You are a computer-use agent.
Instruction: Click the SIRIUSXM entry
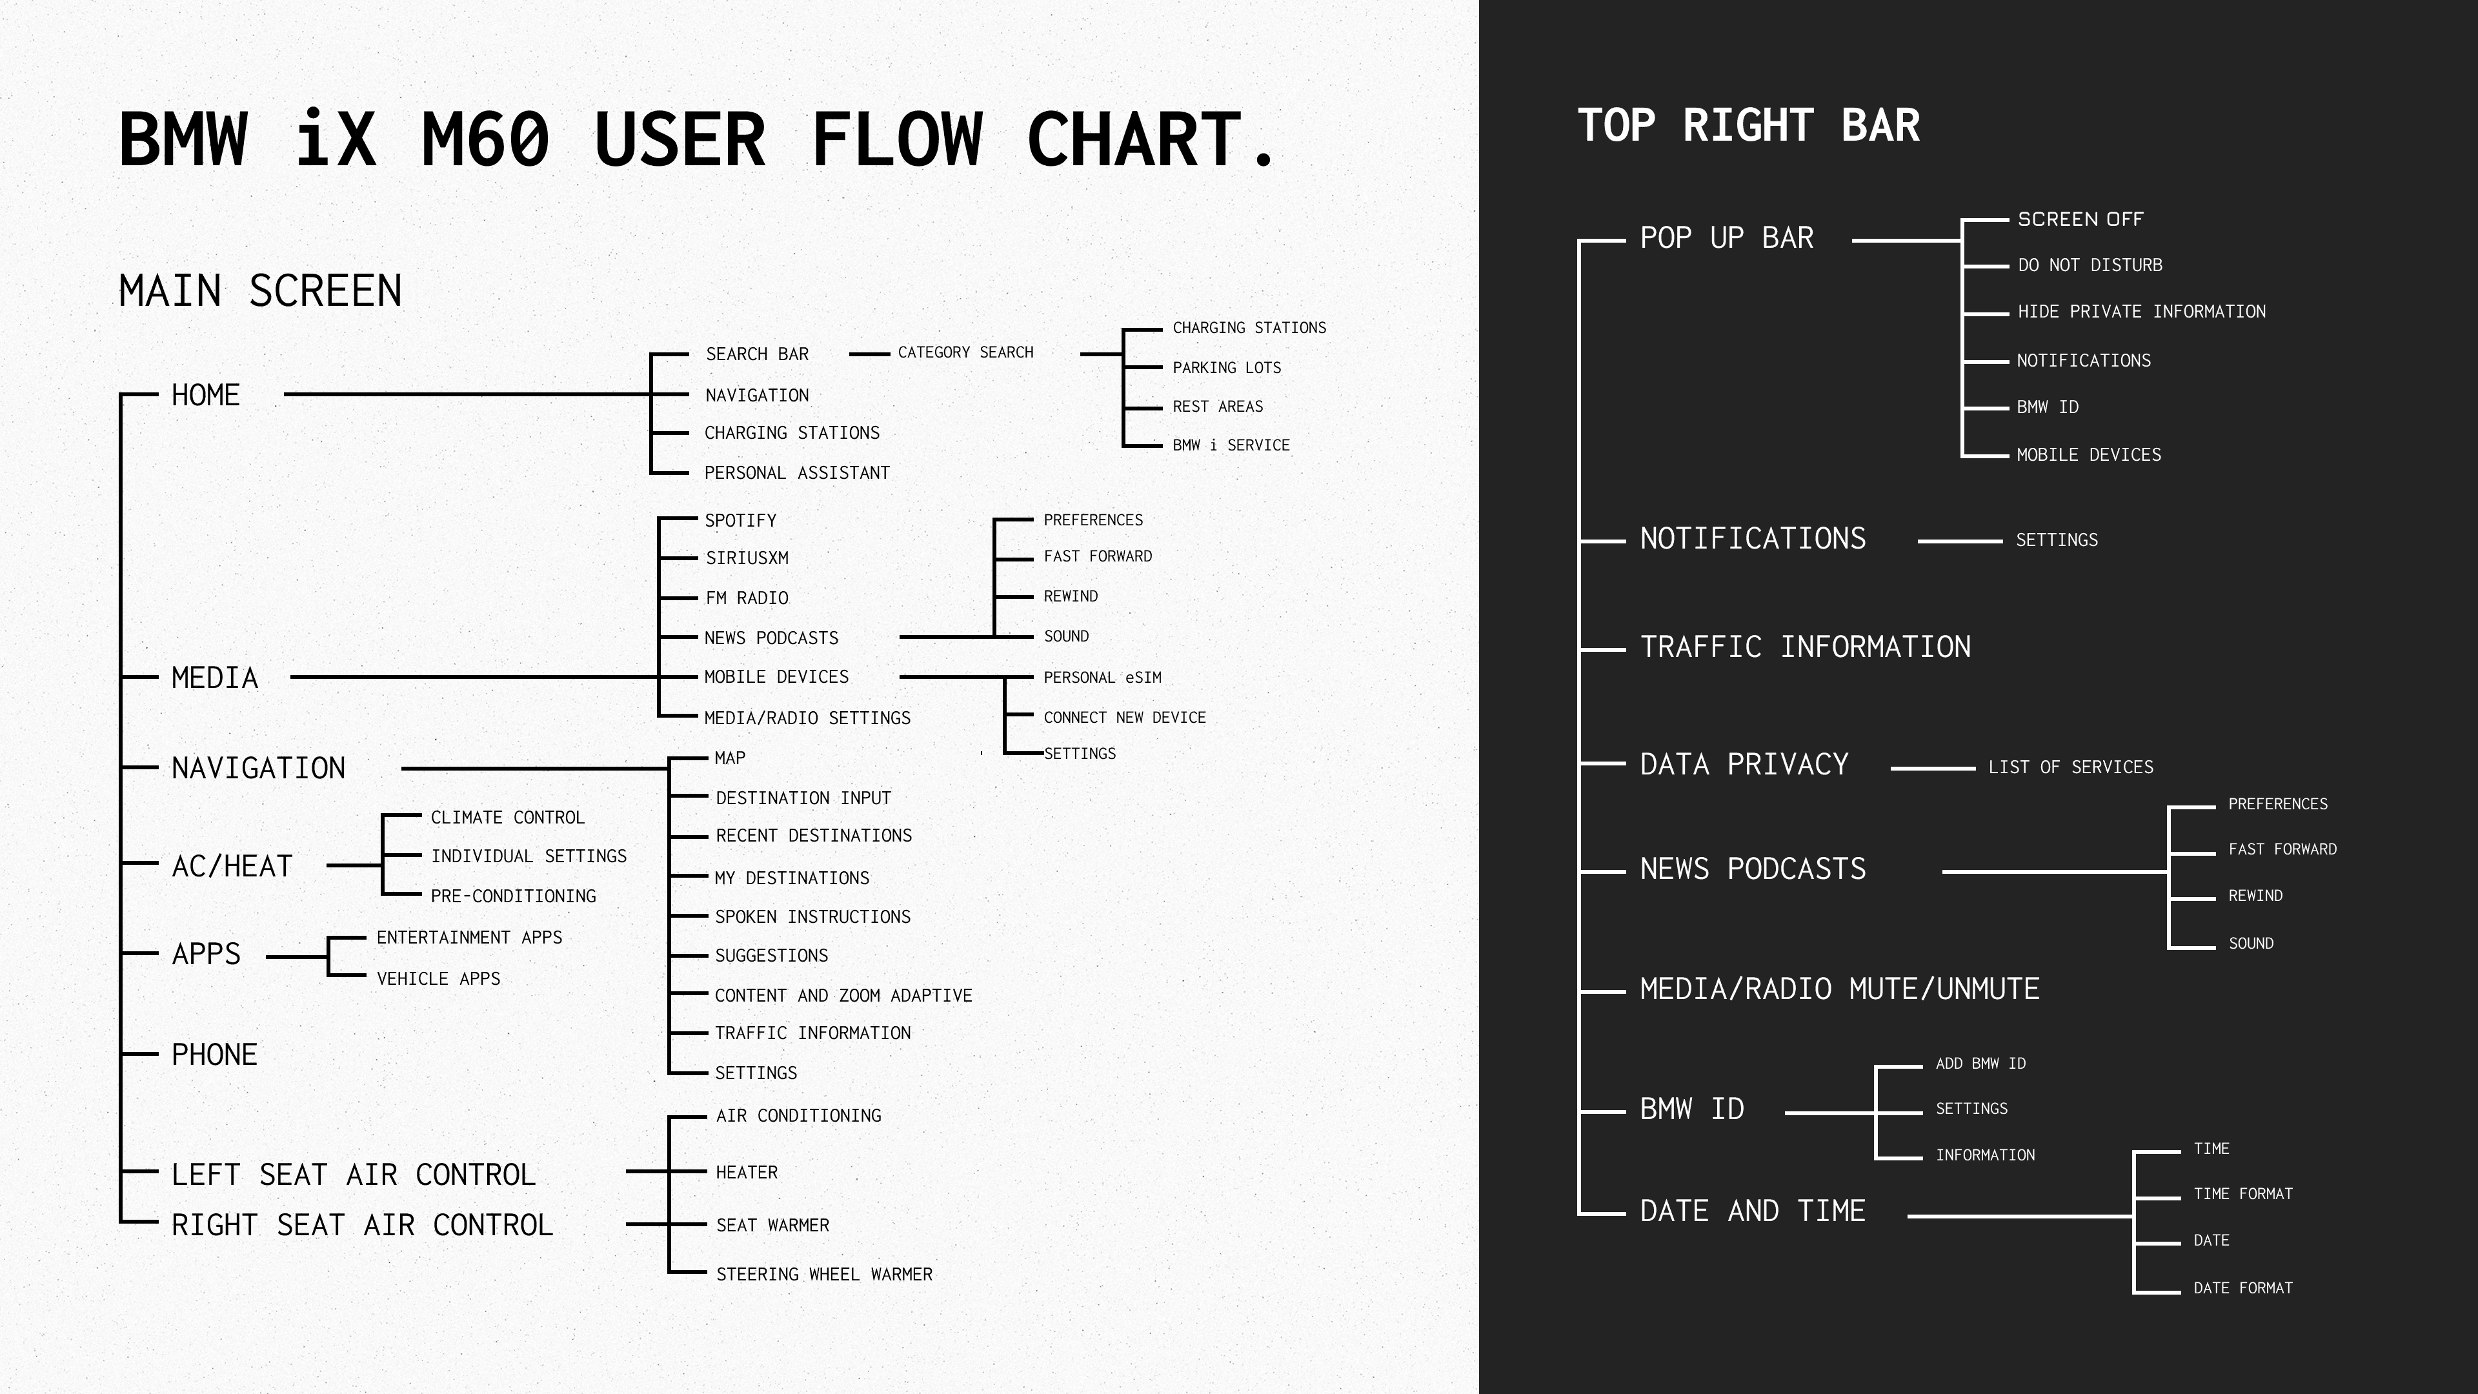coord(747,558)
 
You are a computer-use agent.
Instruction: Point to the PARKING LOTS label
coord(1227,367)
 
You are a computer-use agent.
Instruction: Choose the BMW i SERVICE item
coord(1231,445)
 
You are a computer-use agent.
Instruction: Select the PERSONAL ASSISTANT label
coord(796,473)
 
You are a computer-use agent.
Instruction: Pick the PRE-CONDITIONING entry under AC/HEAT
coord(513,896)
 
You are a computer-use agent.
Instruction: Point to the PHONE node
coord(214,1055)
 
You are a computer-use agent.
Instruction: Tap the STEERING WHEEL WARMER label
coord(823,1275)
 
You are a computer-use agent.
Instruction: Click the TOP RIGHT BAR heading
coord(1748,126)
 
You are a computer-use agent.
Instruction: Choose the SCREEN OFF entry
coord(2080,219)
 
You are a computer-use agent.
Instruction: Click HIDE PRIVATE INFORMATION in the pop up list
coord(2141,312)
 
